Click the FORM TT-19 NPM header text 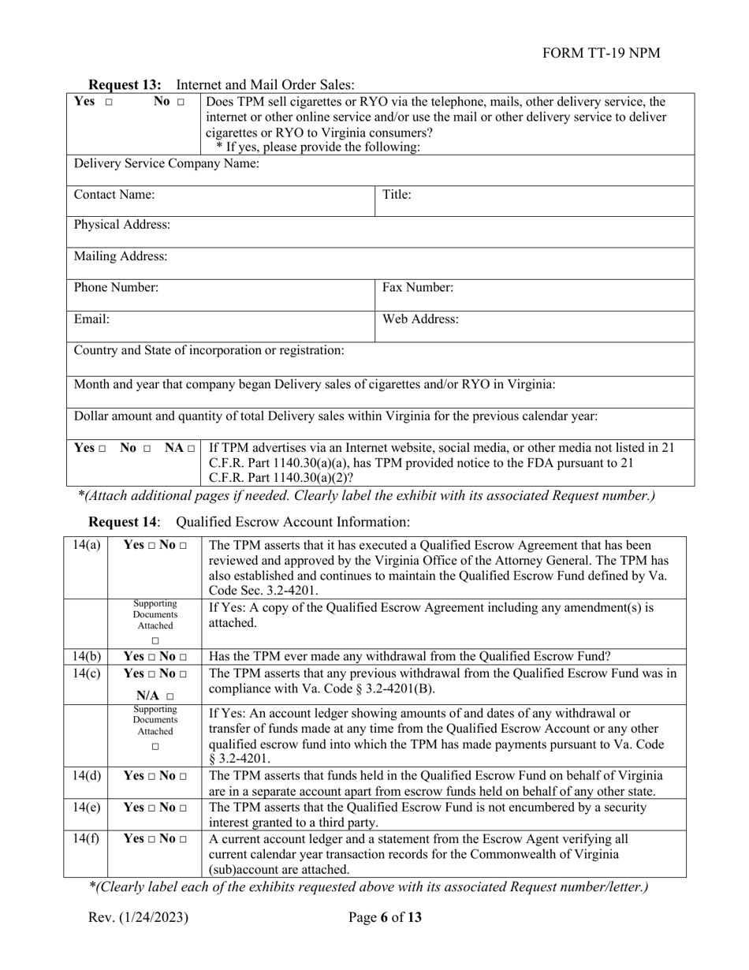[602, 53]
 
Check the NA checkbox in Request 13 [191, 449]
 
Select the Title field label [397, 195]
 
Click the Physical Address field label [121, 226]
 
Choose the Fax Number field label [418, 288]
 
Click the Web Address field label [420, 319]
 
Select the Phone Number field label [116, 288]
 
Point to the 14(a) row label [85, 545]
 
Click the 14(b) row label [85, 656]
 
